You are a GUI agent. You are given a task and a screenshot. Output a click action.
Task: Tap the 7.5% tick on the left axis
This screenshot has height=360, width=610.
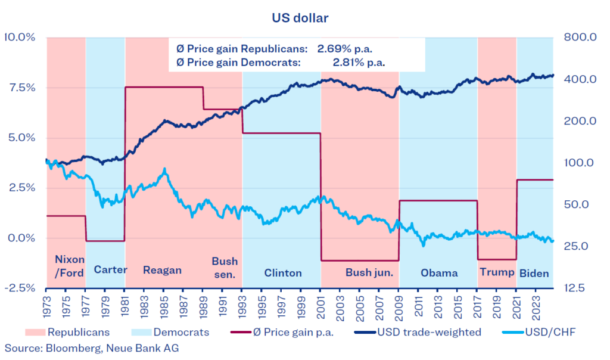[x=20, y=87]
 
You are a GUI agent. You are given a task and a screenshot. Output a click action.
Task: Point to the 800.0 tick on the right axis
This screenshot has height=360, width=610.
[x=582, y=38]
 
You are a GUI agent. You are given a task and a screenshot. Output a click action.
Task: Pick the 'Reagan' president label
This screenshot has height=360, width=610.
[x=162, y=270]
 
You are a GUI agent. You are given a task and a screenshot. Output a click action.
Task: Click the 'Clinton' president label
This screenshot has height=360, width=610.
[x=283, y=273]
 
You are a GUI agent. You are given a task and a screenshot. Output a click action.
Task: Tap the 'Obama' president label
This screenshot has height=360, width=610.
[x=439, y=273]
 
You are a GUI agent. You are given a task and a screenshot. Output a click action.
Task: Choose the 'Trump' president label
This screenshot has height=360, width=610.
[x=496, y=272]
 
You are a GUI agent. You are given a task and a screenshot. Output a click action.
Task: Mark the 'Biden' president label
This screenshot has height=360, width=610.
[x=534, y=273]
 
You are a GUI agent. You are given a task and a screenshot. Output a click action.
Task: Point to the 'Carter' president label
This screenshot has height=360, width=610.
[x=110, y=269]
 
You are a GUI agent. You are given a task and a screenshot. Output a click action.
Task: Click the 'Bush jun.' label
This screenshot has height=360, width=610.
[x=369, y=273]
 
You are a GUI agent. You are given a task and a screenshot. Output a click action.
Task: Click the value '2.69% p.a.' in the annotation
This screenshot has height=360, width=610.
[x=348, y=48]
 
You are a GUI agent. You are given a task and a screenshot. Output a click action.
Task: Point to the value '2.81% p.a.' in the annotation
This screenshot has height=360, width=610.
[x=359, y=62]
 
